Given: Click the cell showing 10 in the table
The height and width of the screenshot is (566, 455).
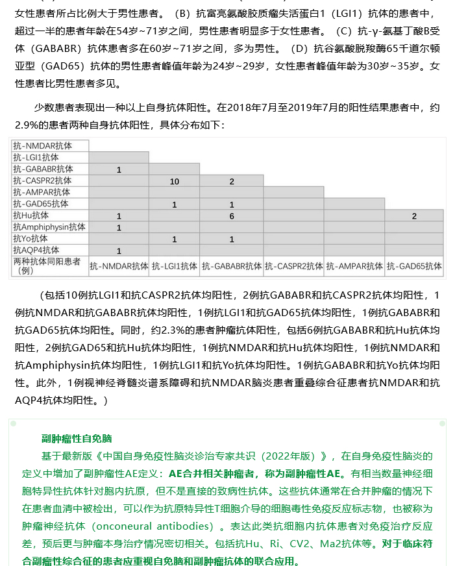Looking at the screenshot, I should [175, 181].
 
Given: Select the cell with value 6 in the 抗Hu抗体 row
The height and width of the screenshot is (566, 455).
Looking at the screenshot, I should [232, 216].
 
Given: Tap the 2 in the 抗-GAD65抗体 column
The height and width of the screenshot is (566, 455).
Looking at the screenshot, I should [414, 216].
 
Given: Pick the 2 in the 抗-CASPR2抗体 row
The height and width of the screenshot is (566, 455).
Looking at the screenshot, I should [232, 181].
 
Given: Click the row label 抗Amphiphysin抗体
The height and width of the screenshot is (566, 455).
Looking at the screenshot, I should [49, 227].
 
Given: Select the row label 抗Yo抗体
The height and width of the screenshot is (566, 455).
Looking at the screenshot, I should [31, 239].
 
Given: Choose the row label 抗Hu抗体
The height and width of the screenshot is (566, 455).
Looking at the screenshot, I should [31, 215].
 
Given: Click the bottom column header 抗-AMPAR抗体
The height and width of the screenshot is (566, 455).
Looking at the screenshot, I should [354, 266].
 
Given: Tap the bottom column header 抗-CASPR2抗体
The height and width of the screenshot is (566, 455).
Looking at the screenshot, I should [293, 266].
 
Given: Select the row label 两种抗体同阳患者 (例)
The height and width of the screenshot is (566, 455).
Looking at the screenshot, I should [47, 265].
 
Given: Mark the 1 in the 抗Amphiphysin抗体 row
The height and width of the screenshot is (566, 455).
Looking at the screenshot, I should [119, 228].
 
